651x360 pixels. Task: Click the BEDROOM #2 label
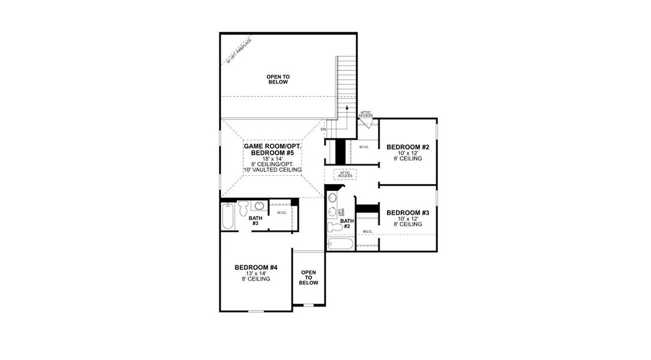[408, 147]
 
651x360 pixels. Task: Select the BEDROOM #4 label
[256, 267]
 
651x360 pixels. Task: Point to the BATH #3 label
[255, 220]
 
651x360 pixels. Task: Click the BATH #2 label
[347, 223]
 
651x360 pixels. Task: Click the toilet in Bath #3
[243, 208]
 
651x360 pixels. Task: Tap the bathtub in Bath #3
[228, 217]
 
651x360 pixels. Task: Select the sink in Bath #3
[259, 206]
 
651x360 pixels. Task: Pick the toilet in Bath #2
[334, 227]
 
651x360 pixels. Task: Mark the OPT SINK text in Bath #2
[341, 212]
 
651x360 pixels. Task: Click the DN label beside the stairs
[323, 130]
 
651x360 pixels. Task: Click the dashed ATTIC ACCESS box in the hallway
[345, 174]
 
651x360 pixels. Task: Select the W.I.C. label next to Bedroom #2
[364, 147]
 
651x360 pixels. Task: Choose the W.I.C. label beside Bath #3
[281, 212]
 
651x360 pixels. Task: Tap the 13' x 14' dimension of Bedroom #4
[256, 273]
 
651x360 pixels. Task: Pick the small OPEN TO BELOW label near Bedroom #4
[309, 277]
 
